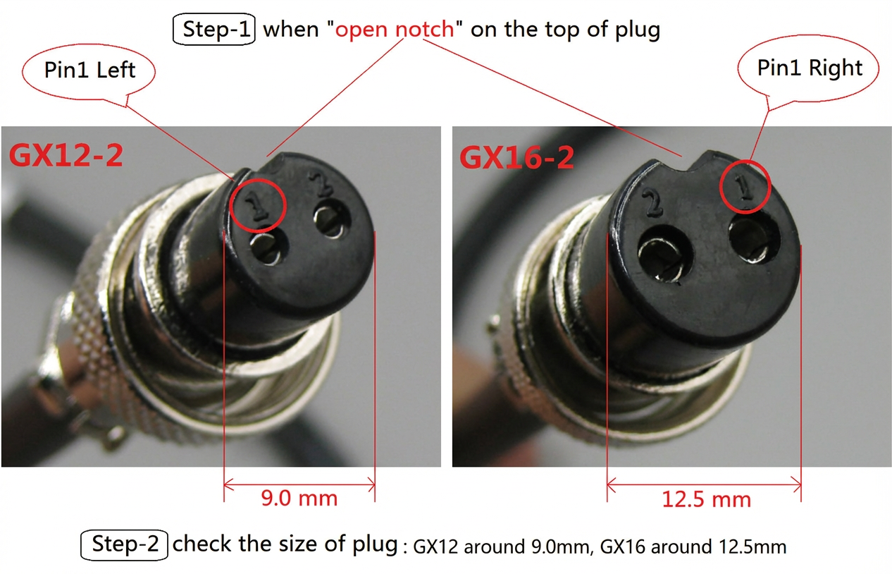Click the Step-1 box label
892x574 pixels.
[214, 30]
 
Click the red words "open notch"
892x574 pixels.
[395, 30]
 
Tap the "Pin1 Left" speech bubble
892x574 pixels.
[89, 70]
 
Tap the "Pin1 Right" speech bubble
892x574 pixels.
[810, 68]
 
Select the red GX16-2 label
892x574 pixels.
[516, 157]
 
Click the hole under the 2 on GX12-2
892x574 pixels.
[330, 222]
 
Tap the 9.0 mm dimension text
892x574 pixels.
[299, 499]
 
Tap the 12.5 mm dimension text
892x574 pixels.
[706, 499]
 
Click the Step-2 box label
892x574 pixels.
[124, 545]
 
